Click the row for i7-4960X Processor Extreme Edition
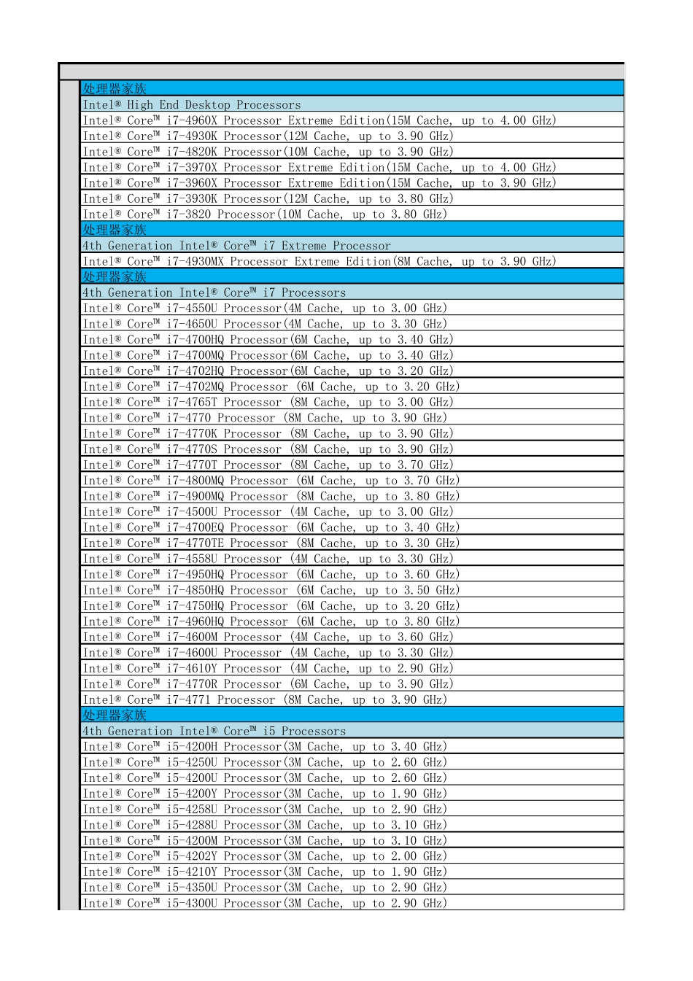(319, 120)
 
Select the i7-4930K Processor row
(268, 136)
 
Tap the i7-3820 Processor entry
(265, 214)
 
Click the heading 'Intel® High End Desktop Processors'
(191, 105)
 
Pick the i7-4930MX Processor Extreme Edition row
(319, 261)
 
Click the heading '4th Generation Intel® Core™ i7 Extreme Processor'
(236, 246)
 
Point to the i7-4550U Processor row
(265, 309)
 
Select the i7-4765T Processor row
(268, 403)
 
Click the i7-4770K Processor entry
(268, 434)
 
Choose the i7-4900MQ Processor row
(271, 497)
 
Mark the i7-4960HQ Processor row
(271, 621)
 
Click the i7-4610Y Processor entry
(268, 669)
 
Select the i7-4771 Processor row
(265, 700)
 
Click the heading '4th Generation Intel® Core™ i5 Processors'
(214, 731)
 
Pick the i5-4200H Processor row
(265, 747)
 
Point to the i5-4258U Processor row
(265, 810)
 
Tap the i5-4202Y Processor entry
(265, 856)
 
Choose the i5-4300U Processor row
(265, 903)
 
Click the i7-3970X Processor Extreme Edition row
(319, 168)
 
